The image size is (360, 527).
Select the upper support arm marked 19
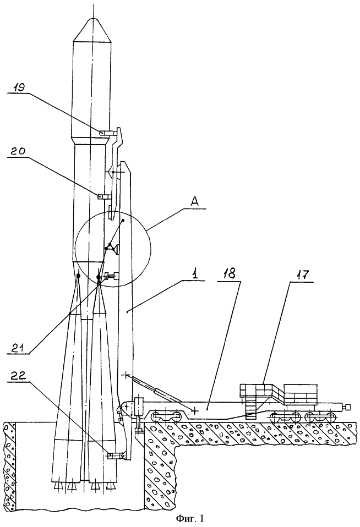pyautogui.click(x=112, y=133)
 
